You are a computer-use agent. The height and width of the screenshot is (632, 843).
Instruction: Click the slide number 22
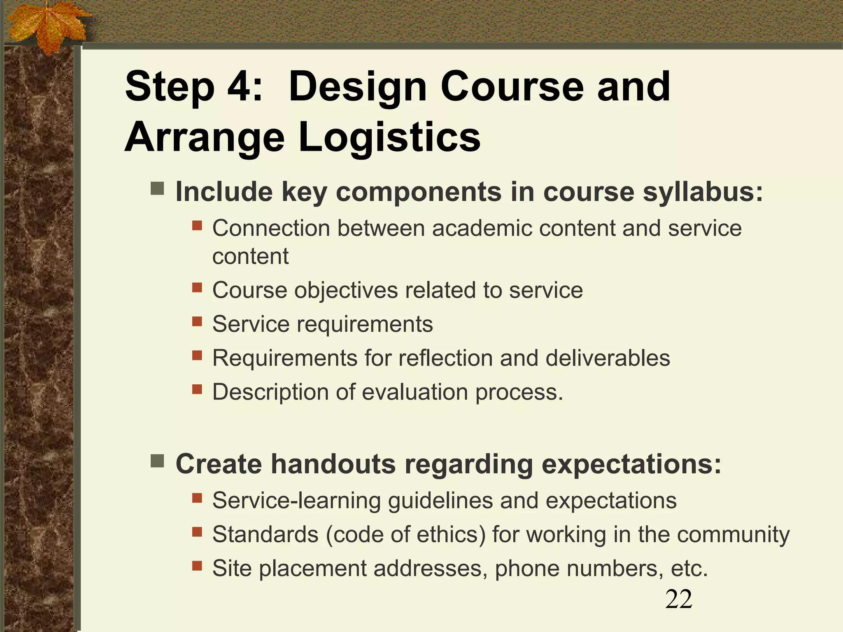(x=679, y=599)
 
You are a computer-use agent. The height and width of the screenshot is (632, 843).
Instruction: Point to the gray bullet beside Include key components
(x=157, y=189)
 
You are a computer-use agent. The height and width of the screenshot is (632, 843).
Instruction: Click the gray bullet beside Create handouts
(x=157, y=461)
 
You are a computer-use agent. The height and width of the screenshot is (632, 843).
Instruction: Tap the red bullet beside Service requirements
(x=197, y=321)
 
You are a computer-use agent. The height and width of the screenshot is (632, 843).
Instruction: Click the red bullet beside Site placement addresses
(x=197, y=566)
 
